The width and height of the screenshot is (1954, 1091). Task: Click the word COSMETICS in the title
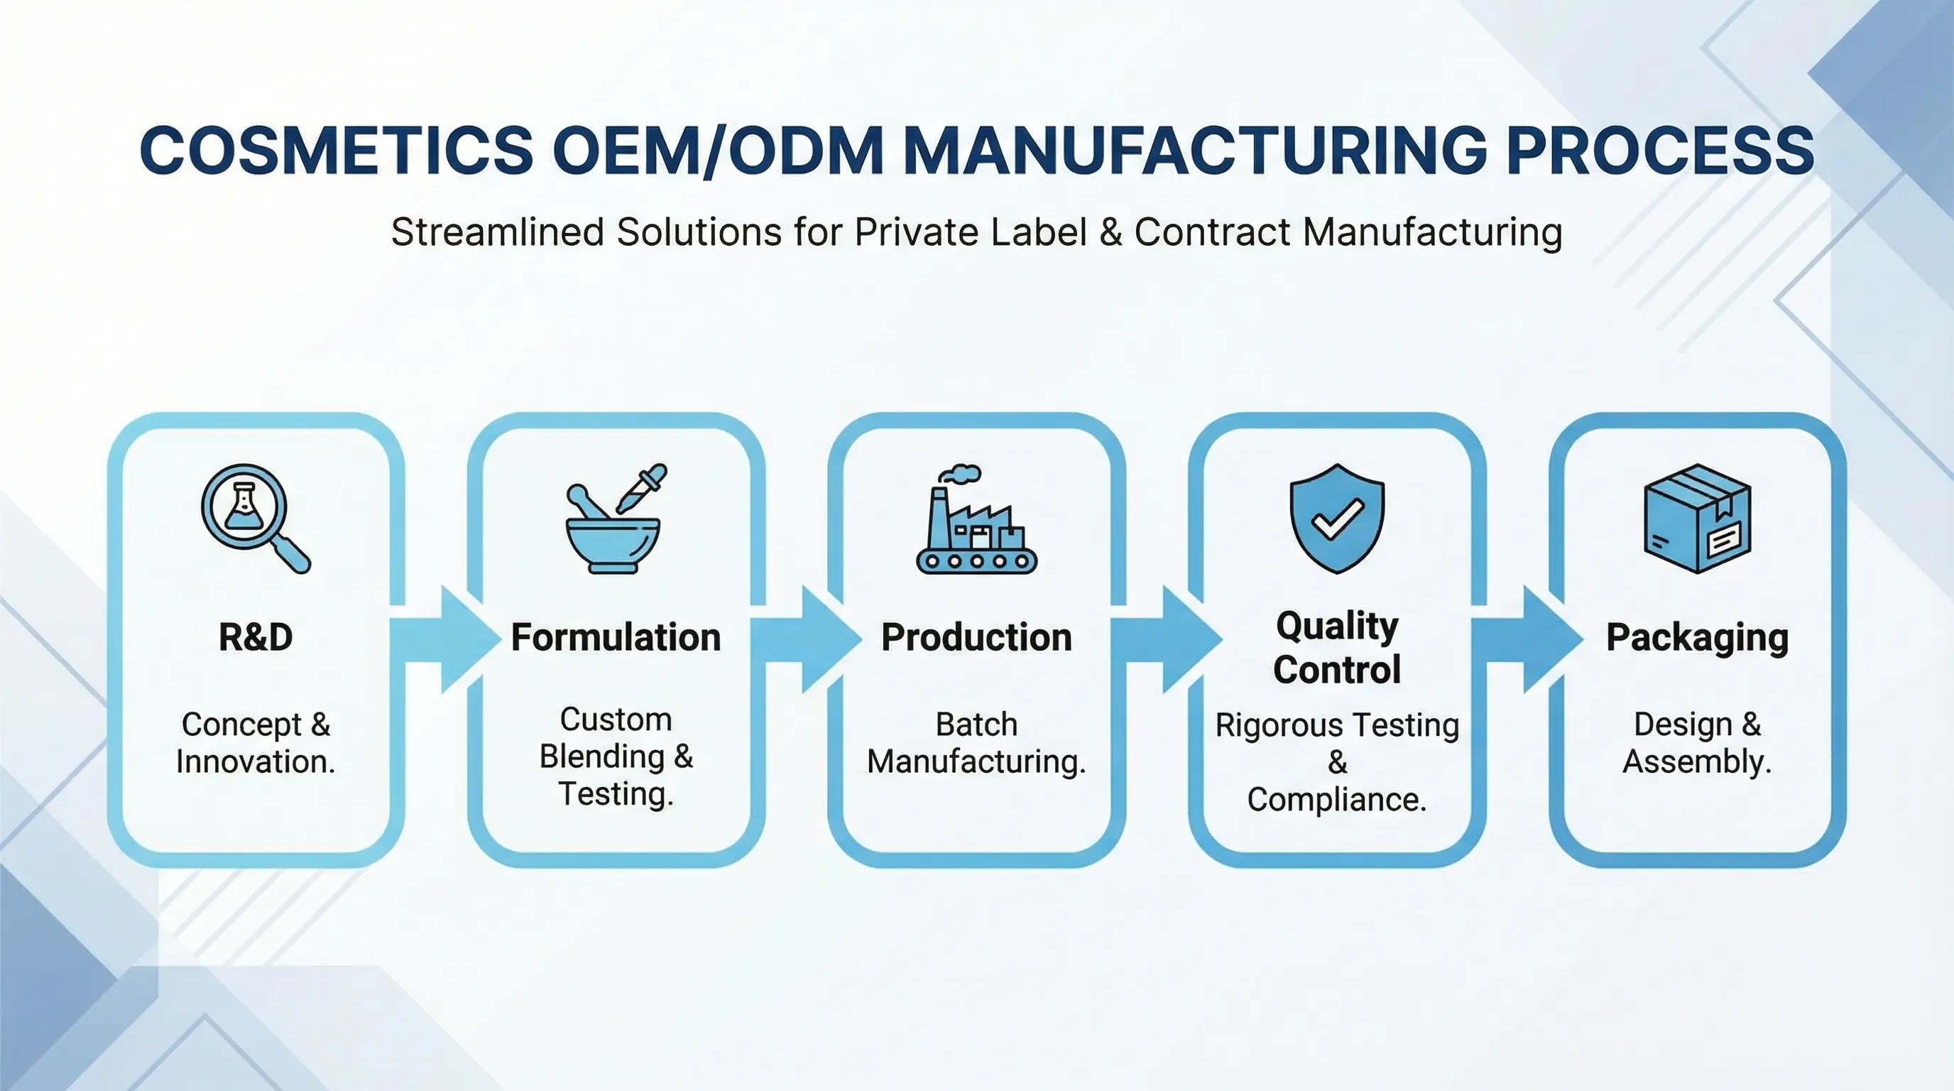coord(337,149)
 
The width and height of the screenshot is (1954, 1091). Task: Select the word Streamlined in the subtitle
coord(498,232)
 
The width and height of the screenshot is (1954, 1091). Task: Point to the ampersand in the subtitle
coord(1110,232)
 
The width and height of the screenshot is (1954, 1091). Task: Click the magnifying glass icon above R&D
coord(256,519)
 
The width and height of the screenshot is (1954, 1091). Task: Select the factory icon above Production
coord(977,519)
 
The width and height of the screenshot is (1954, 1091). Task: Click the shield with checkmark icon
coord(1337,519)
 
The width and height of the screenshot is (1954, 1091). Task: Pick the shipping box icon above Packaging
coord(1698,519)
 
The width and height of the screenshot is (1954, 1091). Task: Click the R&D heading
coord(256,637)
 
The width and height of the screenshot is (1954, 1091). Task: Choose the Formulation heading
coord(616,637)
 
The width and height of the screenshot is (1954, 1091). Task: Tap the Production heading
coord(977,637)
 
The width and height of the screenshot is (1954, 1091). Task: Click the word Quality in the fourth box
coord(1337,627)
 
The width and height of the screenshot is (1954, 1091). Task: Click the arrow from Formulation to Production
coord(807,639)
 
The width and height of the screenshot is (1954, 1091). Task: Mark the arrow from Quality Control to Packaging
coord(1528,639)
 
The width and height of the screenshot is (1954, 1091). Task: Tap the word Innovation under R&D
coord(256,761)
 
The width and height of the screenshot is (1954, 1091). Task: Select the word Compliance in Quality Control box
coord(1336,800)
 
